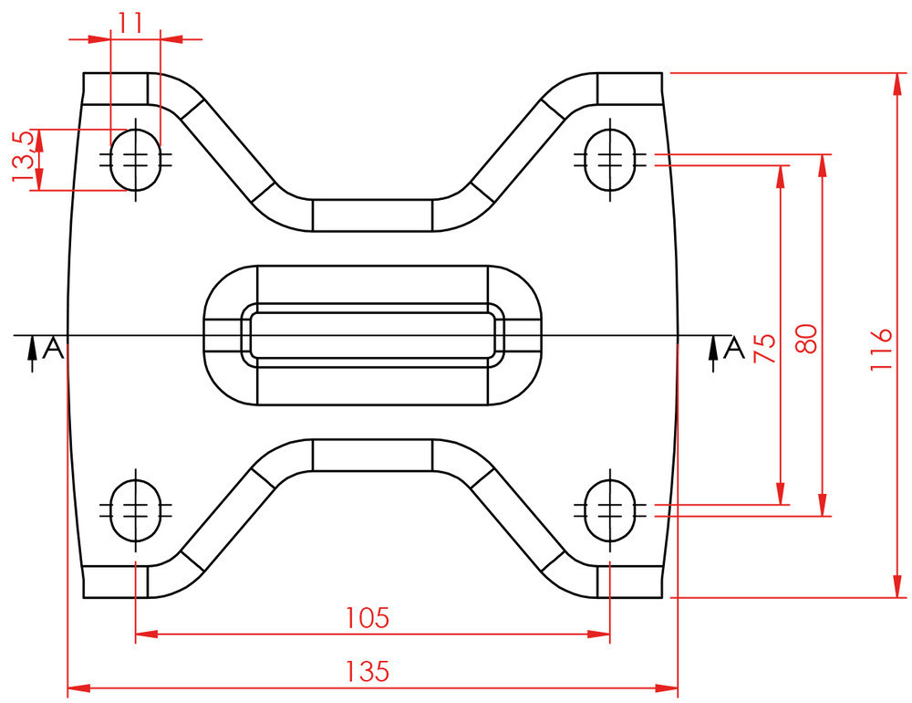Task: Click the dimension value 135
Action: (x=368, y=672)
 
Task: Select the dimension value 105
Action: (x=368, y=618)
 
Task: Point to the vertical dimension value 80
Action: (x=806, y=339)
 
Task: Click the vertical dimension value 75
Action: (x=764, y=348)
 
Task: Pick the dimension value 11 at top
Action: (x=131, y=23)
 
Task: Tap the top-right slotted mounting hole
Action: (x=609, y=160)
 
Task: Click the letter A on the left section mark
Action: (x=54, y=348)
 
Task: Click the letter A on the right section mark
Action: (x=733, y=348)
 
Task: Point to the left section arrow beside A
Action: (x=32, y=351)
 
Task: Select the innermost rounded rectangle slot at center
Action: (x=372, y=335)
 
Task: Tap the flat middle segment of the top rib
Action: (x=372, y=215)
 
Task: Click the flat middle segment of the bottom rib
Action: (x=372, y=455)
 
